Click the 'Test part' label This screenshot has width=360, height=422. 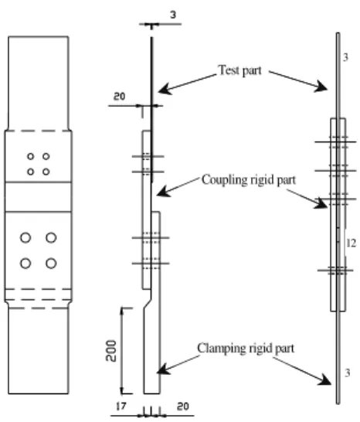(239, 70)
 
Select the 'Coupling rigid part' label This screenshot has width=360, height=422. (249, 180)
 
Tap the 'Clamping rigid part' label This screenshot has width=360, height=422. (246, 349)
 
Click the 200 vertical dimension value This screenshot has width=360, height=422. (111, 350)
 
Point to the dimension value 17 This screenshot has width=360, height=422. (121, 406)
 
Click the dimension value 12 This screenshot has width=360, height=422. (351, 243)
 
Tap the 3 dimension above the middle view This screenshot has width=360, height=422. (173, 15)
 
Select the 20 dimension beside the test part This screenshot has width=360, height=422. (119, 96)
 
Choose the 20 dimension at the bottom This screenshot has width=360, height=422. (183, 406)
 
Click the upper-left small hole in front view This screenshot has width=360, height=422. (31, 156)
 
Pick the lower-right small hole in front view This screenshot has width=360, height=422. (46, 172)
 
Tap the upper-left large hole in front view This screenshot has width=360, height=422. (25, 238)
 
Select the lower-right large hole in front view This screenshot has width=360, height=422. (51, 264)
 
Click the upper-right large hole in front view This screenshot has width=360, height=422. (51, 238)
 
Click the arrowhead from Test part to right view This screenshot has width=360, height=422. (321, 87)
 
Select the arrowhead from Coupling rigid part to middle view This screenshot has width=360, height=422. (162, 192)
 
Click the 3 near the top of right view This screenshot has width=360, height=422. (346, 57)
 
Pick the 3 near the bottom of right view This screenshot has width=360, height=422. (348, 373)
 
